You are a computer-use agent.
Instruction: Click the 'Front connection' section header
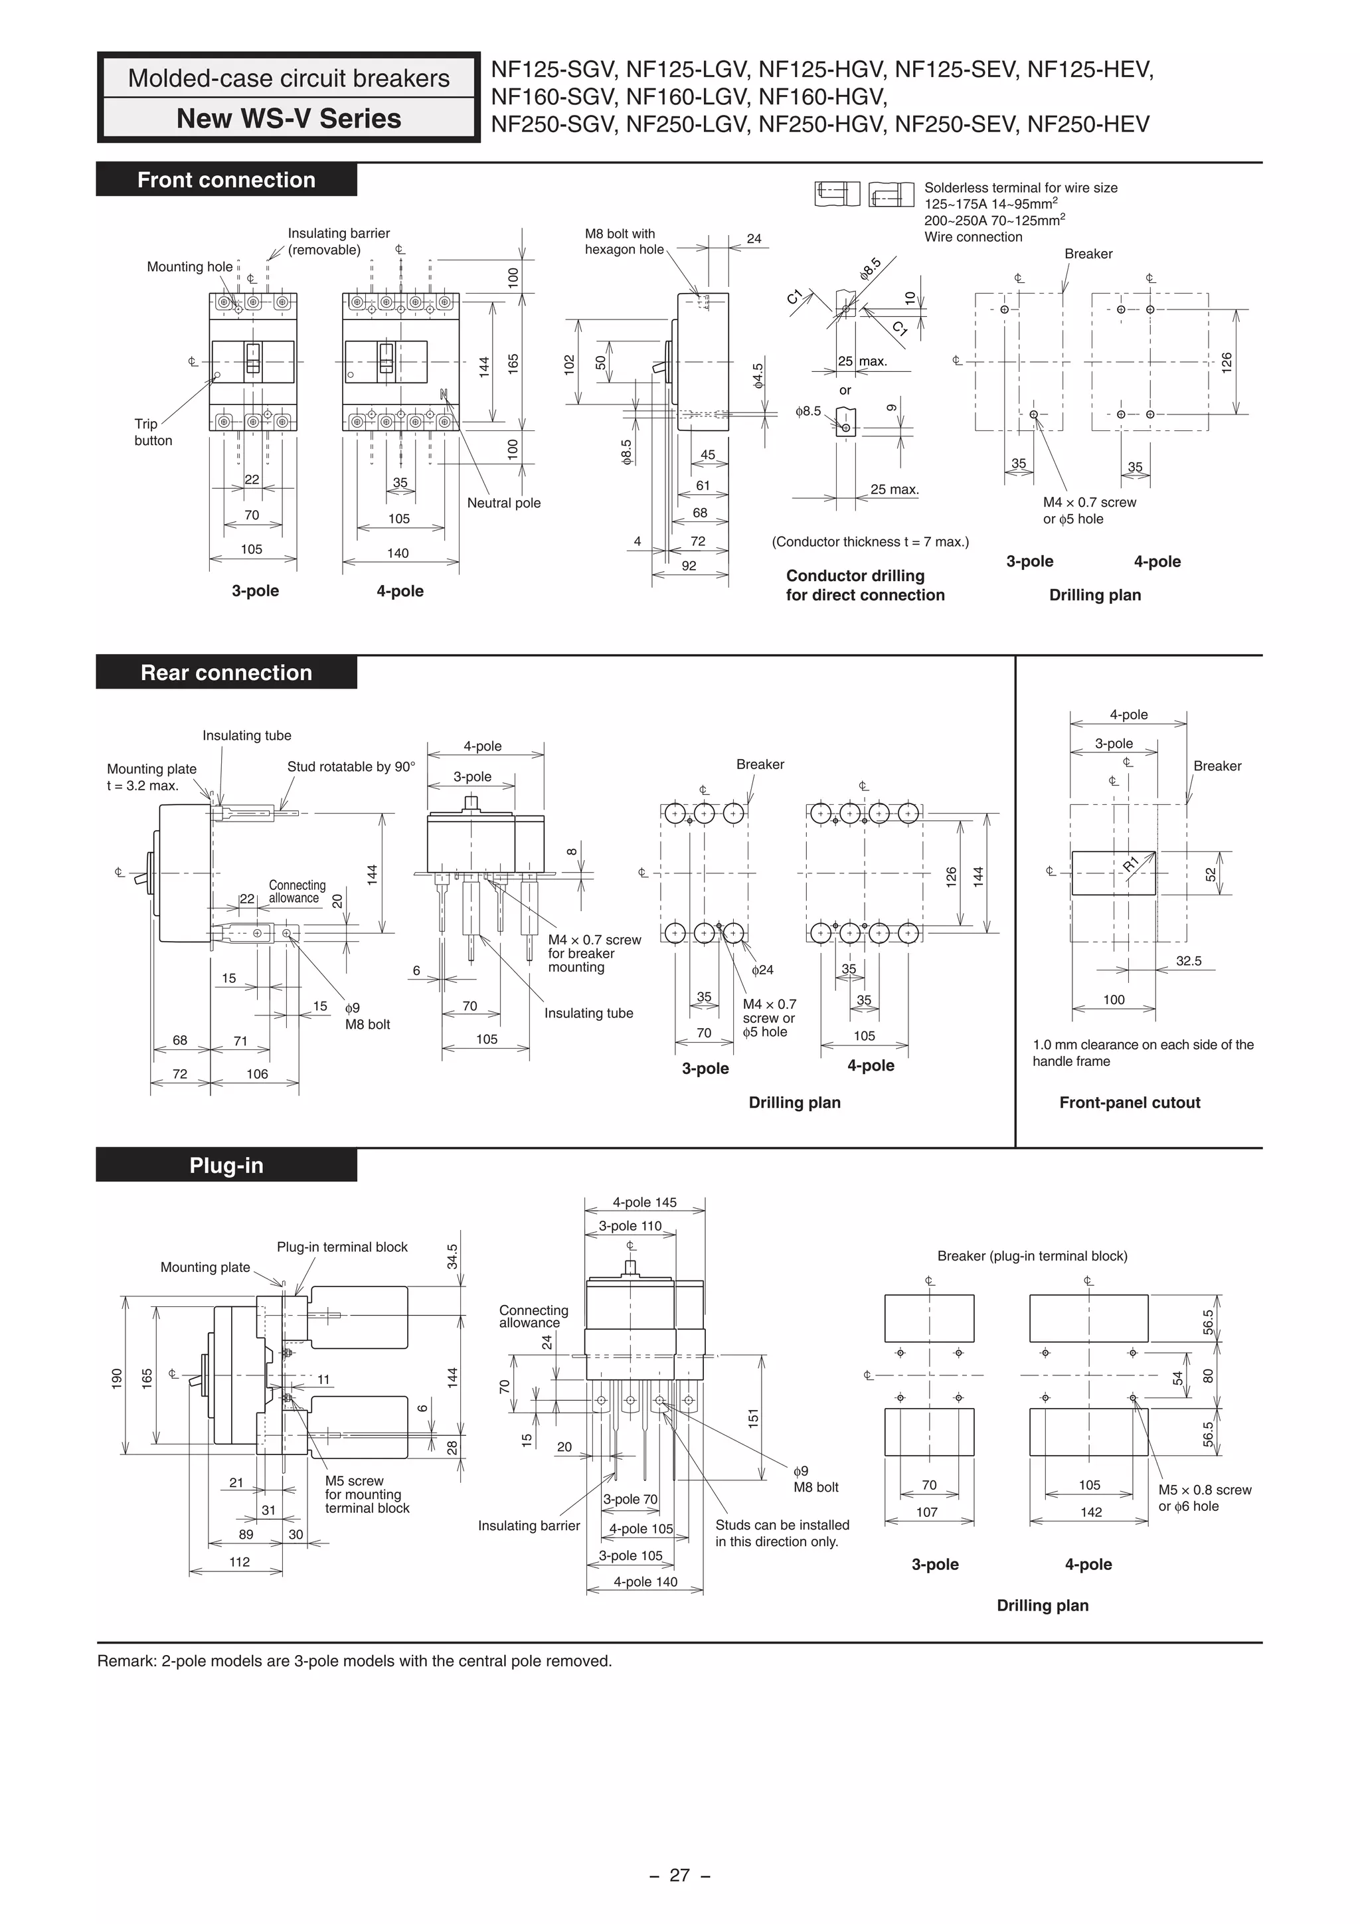226,180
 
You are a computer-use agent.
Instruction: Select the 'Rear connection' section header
226,673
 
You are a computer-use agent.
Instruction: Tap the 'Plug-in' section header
226,1166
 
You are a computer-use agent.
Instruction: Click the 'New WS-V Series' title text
288,119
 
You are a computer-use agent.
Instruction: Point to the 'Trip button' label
153,432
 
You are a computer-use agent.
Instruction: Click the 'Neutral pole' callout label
503,503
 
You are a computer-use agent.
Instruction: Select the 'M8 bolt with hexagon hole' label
624,241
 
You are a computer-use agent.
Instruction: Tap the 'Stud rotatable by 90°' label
350,767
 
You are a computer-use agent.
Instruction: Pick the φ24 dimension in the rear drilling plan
762,970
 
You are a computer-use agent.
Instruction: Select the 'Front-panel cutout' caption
1130,1102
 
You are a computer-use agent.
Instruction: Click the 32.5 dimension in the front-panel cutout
1188,961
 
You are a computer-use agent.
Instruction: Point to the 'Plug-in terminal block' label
342,1247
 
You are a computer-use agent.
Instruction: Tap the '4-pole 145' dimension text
644,1203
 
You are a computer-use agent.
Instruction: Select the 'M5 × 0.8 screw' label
1204,1490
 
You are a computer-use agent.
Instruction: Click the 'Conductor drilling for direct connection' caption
865,585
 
